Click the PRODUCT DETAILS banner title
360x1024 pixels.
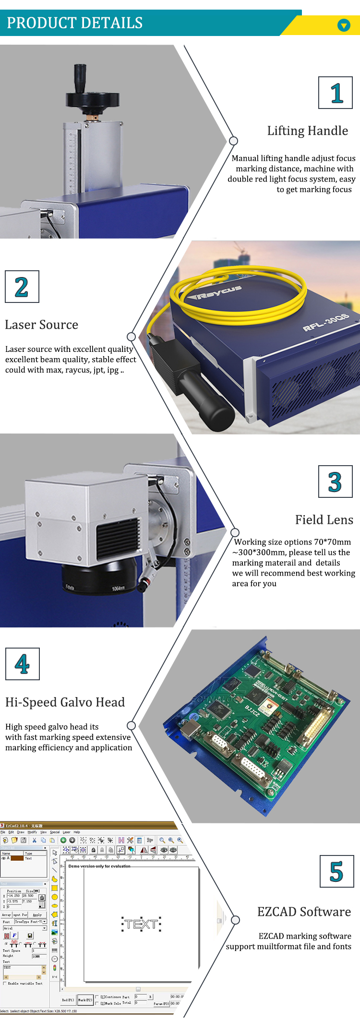tap(74, 23)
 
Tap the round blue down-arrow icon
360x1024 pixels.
tap(344, 25)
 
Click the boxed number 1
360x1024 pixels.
tap(336, 93)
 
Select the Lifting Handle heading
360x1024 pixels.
tap(307, 131)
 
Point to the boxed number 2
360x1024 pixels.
tap(22, 287)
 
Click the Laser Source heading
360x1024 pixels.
tap(41, 325)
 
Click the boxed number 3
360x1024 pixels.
tap(335, 482)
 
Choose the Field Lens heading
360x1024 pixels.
tap(324, 520)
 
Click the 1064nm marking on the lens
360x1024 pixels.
tap(118, 588)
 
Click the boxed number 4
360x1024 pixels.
tap(22, 664)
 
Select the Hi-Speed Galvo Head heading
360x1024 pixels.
tap(65, 702)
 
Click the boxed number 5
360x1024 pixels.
tap(336, 872)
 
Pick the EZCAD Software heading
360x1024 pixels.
tap(304, 912)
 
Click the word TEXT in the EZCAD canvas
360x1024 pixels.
tap(141, 924)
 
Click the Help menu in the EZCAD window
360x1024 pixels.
tap(77, 832)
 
